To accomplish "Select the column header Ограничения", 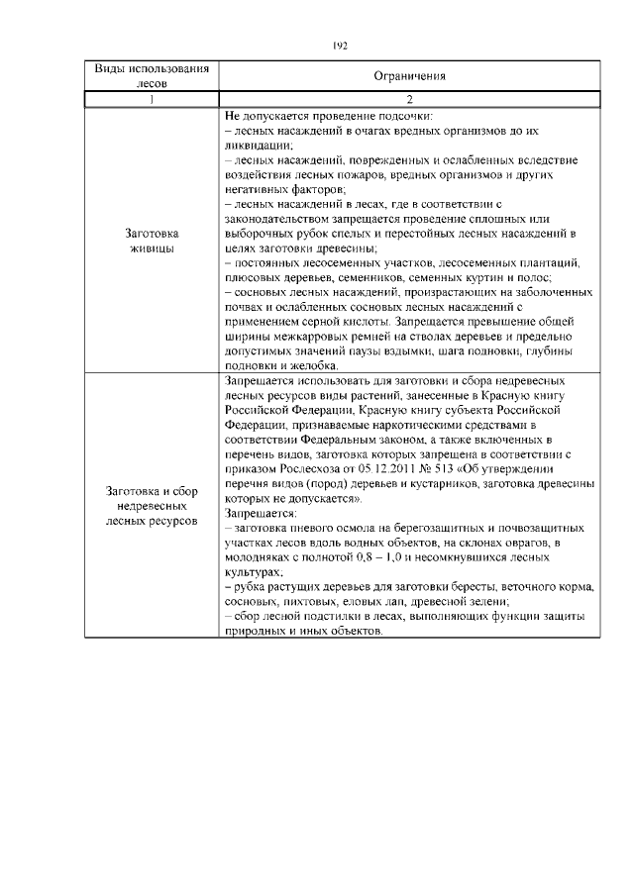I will (409, 75).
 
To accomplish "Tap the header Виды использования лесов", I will (152, 75).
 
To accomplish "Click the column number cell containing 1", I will (152, 98).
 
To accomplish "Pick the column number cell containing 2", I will (409, 98).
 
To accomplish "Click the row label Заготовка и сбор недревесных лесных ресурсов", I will (152, 505).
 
